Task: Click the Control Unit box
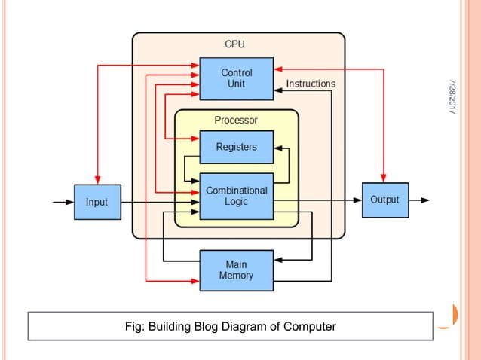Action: point(236,78)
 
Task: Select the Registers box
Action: point(236,147)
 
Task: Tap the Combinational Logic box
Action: point(236,196)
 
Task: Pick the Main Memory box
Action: point(236,270)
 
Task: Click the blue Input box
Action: point(97,202)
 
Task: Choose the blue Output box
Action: point(384,200)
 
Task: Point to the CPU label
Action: point(234,44)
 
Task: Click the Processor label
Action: point(236,120)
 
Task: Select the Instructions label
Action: point(311,84)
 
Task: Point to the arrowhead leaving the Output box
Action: point(424,200)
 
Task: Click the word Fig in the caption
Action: point(134,327)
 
